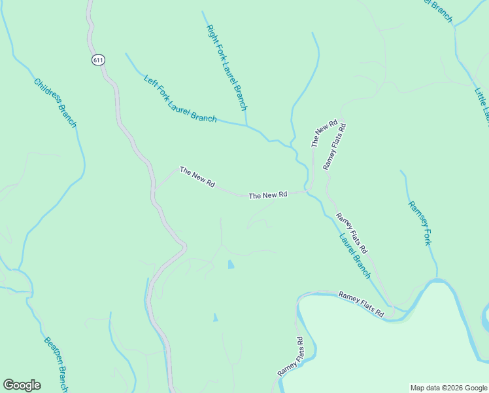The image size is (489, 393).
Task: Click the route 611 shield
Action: (98, 60)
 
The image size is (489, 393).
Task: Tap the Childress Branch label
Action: (56, 103)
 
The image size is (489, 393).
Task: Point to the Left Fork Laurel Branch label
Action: (180, 98)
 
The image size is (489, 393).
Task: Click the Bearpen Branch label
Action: (56, 364)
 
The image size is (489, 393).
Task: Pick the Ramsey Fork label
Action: (420, 223)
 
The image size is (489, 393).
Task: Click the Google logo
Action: (22, 385)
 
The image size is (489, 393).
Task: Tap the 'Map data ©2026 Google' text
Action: (448, 388)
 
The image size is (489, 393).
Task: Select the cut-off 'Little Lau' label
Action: (482, 102)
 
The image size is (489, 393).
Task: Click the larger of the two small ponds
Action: (230, 265)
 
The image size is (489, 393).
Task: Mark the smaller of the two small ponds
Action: (215, 317)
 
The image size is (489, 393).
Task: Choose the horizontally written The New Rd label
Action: (268, 195)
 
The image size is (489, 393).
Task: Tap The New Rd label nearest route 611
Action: (197, 178)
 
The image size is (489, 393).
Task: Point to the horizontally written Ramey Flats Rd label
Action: (361, 305)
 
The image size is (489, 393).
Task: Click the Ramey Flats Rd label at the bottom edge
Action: (290, 356)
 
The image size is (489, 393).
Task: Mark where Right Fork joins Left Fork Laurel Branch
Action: (246, 124)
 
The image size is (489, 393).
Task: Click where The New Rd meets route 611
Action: (155, 189)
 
